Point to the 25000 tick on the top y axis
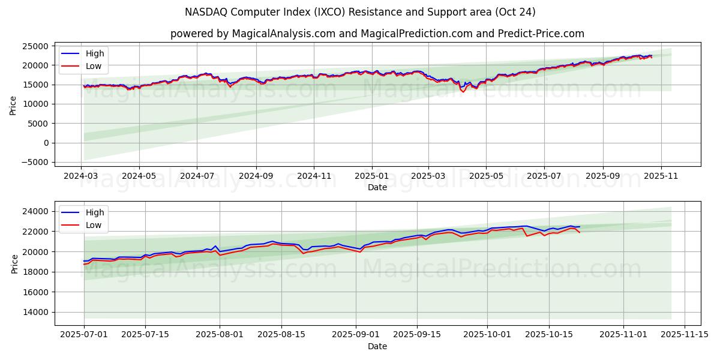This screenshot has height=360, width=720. [x=35, y=46]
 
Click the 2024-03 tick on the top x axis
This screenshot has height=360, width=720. [x=82, y=176]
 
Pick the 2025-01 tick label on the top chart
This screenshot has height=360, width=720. [x=371, y=176]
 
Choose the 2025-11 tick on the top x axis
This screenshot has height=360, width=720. [x=661, y=176]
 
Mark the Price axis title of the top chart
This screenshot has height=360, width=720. [x=13, y=104]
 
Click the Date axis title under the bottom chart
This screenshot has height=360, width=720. [x=377, y=346]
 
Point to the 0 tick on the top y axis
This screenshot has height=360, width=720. [x=46, y=143]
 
